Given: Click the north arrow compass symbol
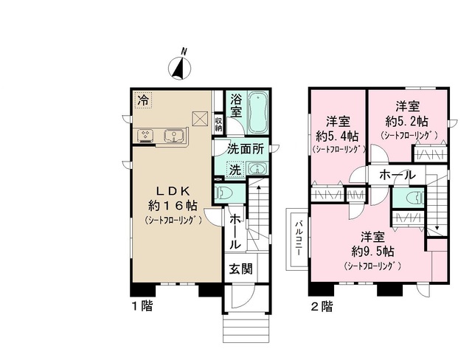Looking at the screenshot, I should (180, 66).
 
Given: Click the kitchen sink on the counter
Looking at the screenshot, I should (174, 135).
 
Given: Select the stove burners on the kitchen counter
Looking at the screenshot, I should (145, 135).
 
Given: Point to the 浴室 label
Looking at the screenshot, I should (236, 106).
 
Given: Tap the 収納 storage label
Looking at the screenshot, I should (219, 123).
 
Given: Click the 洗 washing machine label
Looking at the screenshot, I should (233, 169).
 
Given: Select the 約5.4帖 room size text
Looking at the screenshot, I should (338, 135).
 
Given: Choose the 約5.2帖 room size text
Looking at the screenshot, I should (408, 120).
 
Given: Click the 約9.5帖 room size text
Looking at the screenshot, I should (372, 251).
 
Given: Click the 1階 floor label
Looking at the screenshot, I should (142, 304).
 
